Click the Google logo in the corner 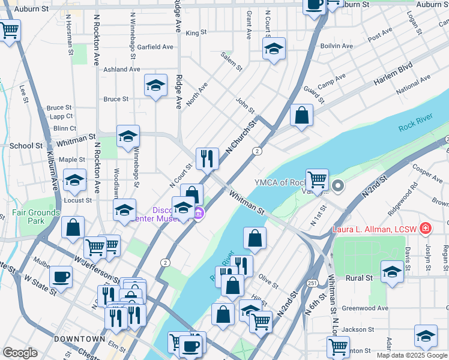point(20,353)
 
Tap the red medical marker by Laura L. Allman point(426,228)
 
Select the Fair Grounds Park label point(36,217)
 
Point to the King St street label point(196,32)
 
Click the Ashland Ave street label point(121,70)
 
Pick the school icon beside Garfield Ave point(274,49)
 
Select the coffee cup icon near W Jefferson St point(61,277)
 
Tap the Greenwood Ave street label point(365,308)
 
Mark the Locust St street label point(79,200)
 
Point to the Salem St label point(231,61)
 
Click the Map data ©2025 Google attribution point(411,355)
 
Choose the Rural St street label point(360,278)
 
